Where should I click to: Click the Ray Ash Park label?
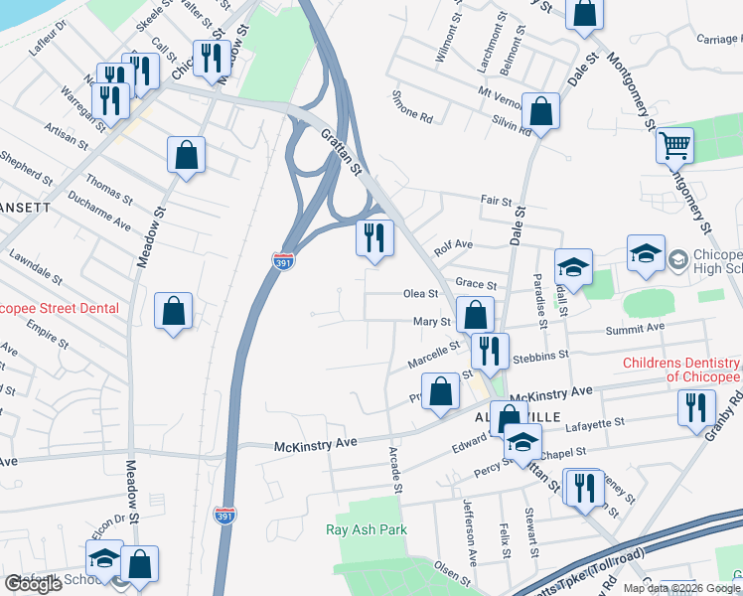367,529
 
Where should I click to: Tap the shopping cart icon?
674,146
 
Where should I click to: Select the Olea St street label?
420,293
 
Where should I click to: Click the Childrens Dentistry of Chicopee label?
681,370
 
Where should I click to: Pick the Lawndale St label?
35,268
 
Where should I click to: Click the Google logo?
33,584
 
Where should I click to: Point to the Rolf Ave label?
451,245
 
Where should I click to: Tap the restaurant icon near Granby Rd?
696,407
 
